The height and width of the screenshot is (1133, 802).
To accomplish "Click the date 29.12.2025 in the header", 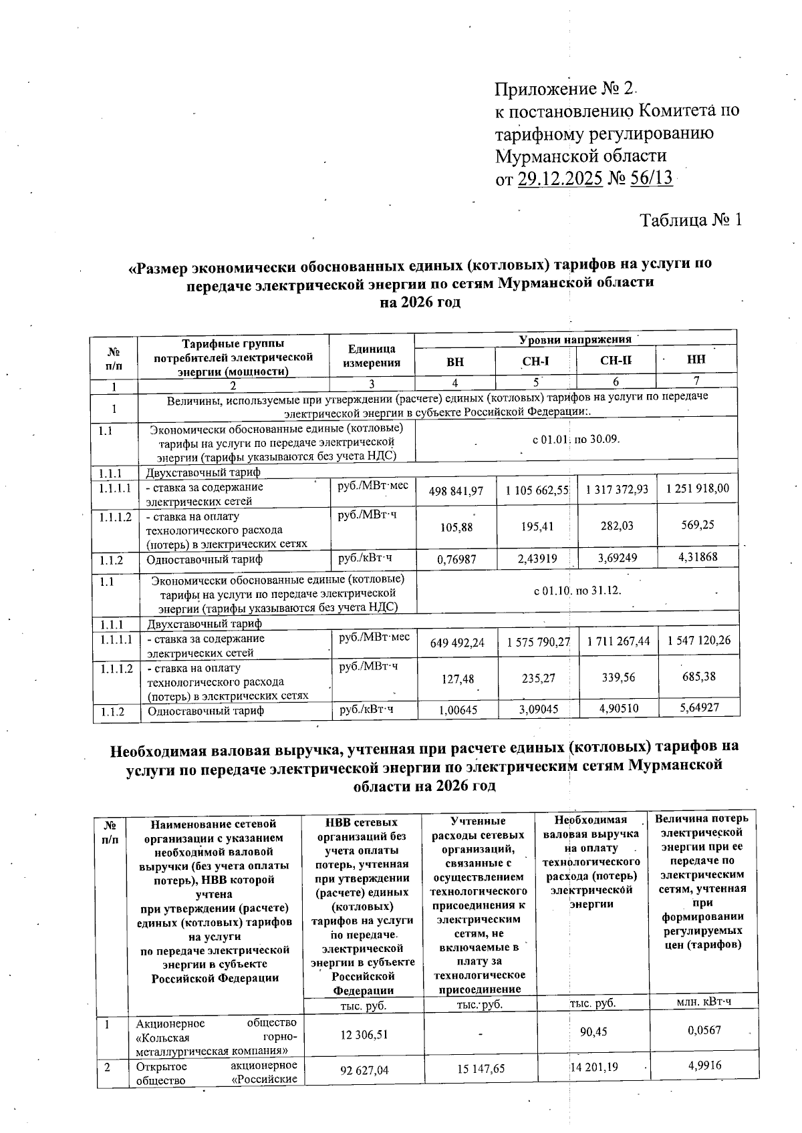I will coord(560,180).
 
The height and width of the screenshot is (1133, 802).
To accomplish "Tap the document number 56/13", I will coord(651,179).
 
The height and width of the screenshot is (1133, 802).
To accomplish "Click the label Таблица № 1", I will coord(691,220).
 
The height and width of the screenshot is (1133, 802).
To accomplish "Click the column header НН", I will coord(696,360).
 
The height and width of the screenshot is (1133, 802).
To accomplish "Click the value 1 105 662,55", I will coord(537,491).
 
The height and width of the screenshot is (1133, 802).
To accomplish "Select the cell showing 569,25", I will coord(698,525).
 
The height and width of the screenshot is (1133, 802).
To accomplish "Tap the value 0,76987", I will coord(456,559).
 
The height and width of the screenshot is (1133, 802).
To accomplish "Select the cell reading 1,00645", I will coord(458,710).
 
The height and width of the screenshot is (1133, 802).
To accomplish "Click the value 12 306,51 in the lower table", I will coord(364,1035).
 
